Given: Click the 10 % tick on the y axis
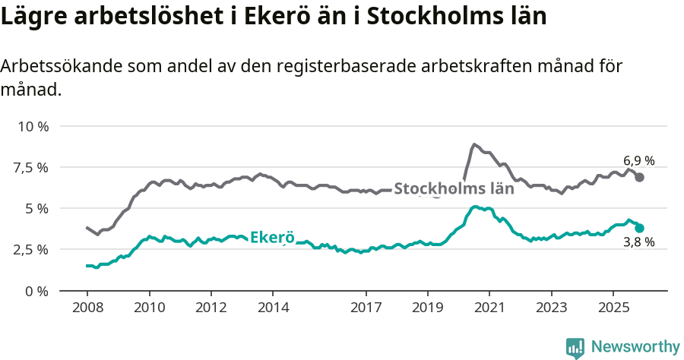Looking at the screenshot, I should point(33,126).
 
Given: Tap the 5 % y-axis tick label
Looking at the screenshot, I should point(37,208).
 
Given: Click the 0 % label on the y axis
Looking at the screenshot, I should point(37,291).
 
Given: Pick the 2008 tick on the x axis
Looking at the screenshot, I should point(87,309).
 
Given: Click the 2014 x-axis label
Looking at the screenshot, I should point(273,309).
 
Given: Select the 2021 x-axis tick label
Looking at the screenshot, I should point(489,309).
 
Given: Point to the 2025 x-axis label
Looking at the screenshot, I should point(613,309).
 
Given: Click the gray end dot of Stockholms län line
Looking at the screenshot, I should point(640,177).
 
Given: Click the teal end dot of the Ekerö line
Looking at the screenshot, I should point(640,228).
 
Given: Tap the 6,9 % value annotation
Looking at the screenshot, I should point(638,161).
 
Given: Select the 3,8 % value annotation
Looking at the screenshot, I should point(638,243).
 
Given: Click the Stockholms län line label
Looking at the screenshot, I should point(454,189).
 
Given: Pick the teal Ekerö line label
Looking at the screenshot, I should point(271,236).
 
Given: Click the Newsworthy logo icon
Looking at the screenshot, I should point(575,347).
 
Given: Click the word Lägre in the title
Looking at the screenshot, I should point(33,17).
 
